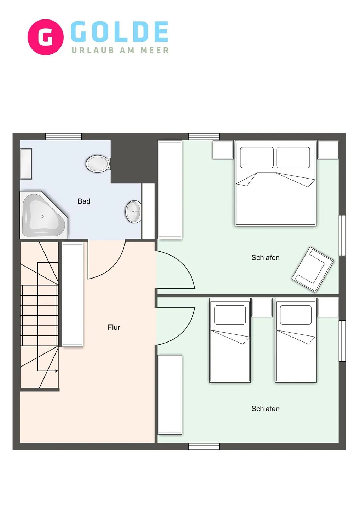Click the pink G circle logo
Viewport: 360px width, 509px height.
[46, 37]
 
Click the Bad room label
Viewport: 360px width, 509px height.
[84, 201]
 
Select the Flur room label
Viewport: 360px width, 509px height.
[114, 327]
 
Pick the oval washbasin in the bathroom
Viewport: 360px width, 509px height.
[134, 211]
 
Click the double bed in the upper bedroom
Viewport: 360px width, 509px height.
[275, 183]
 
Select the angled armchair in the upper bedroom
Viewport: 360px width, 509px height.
[313, 270]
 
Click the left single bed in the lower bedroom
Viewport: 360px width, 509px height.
[230, 341]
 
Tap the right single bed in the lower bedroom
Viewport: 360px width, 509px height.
[296, 341]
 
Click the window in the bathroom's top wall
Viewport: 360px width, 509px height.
[63, 136]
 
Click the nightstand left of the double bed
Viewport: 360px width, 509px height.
[223, 150]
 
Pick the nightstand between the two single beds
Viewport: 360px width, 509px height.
[262, 307]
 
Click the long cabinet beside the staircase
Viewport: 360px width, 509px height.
[72, 294]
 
